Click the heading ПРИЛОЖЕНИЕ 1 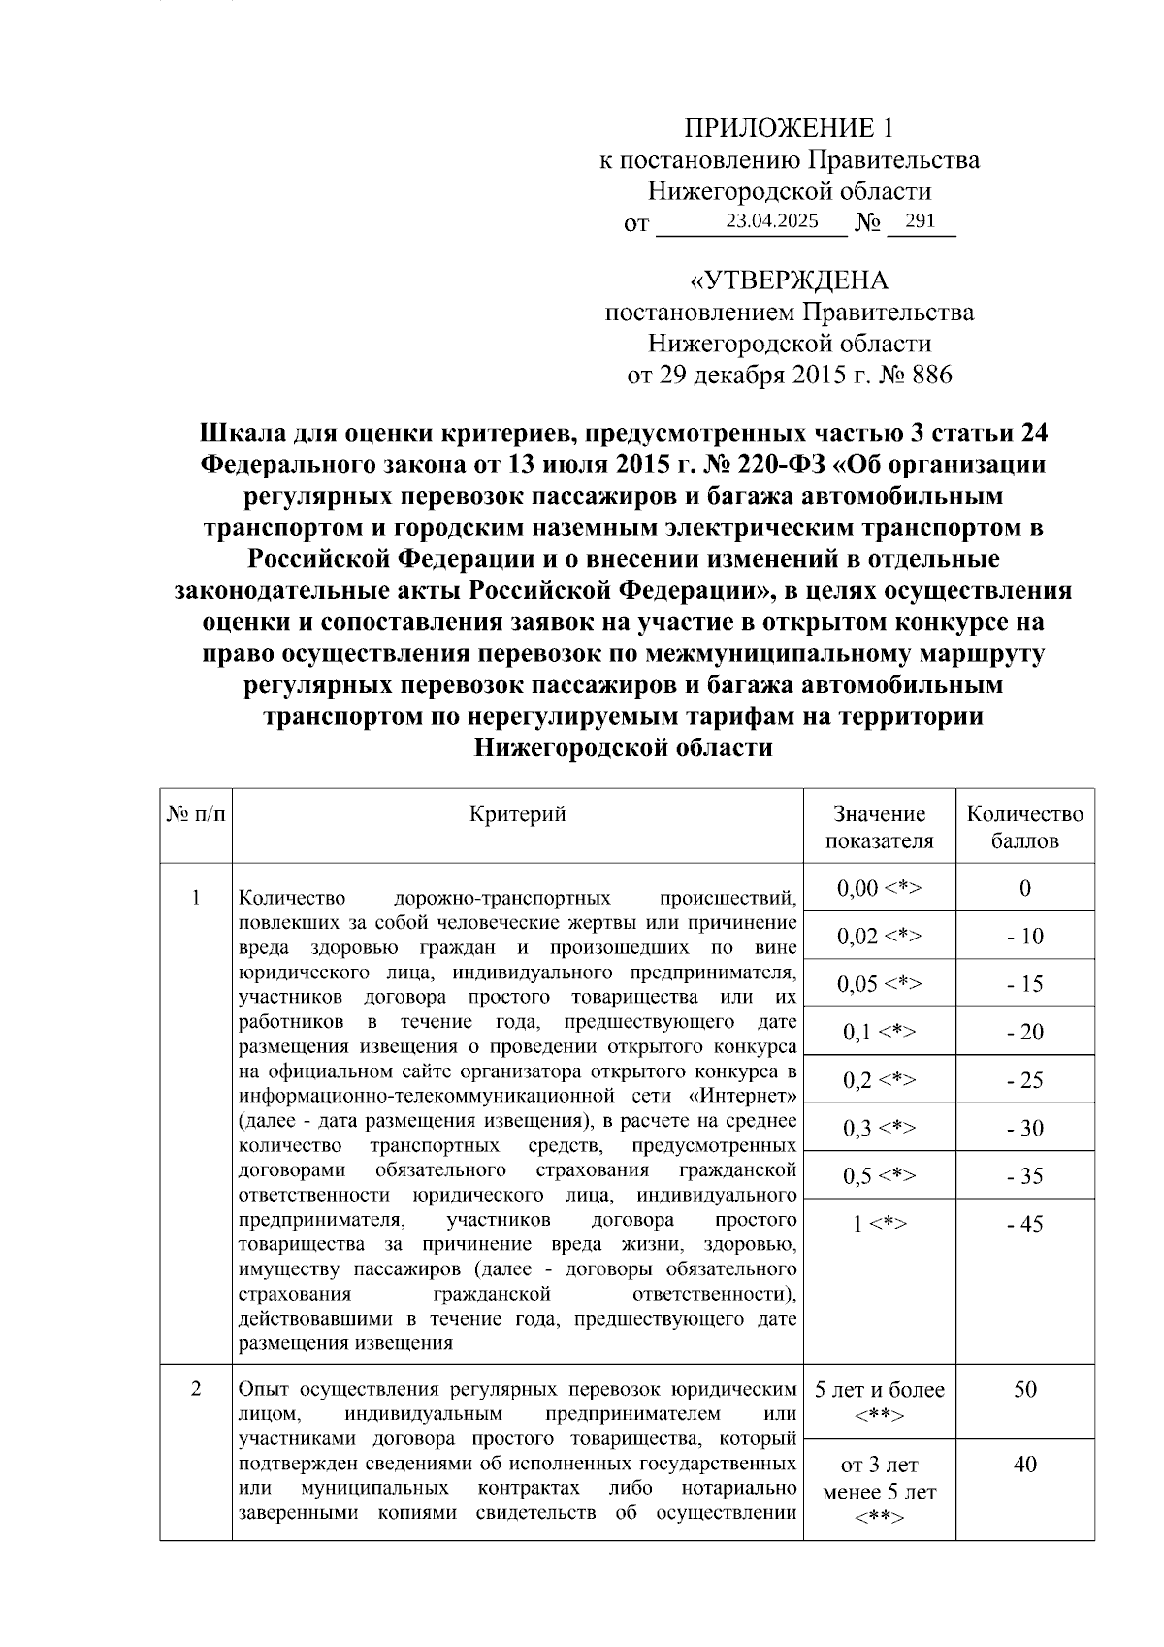pos(788,128)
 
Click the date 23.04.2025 pos(772,221)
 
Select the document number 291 pos(919,221)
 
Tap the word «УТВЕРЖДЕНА pos(788,281)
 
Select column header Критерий pos(517,814)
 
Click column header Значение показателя pos(879,827)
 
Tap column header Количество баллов pos(1024,827)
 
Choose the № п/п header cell pos(196,815)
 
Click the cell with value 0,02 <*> pos(879,937)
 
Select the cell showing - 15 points pos(1024,984)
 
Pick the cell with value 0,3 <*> pos(879,1128)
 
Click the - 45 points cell pos(1024,1224)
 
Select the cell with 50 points pos(1024,1389)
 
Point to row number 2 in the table pos(196,1389)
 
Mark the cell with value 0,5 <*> pos(879,1176)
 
